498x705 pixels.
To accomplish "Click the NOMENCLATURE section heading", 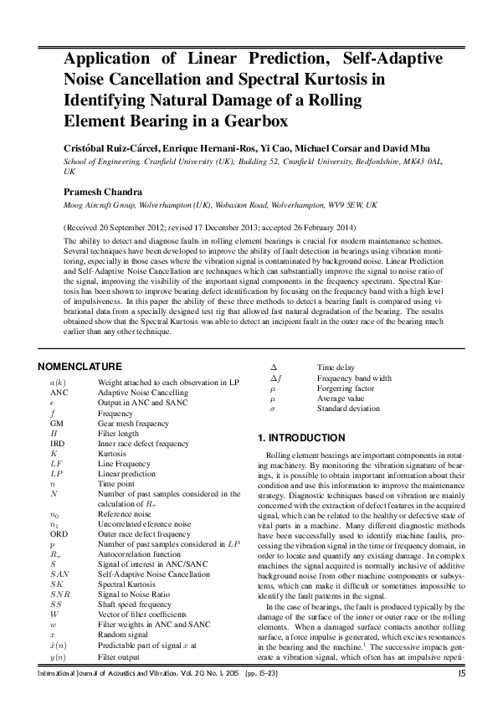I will point(80,367).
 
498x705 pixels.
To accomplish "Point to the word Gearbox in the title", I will point(251,121).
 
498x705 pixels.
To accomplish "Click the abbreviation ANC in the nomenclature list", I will point(59,393).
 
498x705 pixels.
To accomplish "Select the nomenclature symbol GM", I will point(57,424).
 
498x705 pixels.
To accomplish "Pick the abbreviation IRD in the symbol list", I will point(58,444).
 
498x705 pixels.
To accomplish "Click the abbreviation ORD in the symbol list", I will point(59,534).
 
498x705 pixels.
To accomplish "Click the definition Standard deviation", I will point(348,409).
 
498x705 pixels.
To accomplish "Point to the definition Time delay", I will point(336,368).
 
